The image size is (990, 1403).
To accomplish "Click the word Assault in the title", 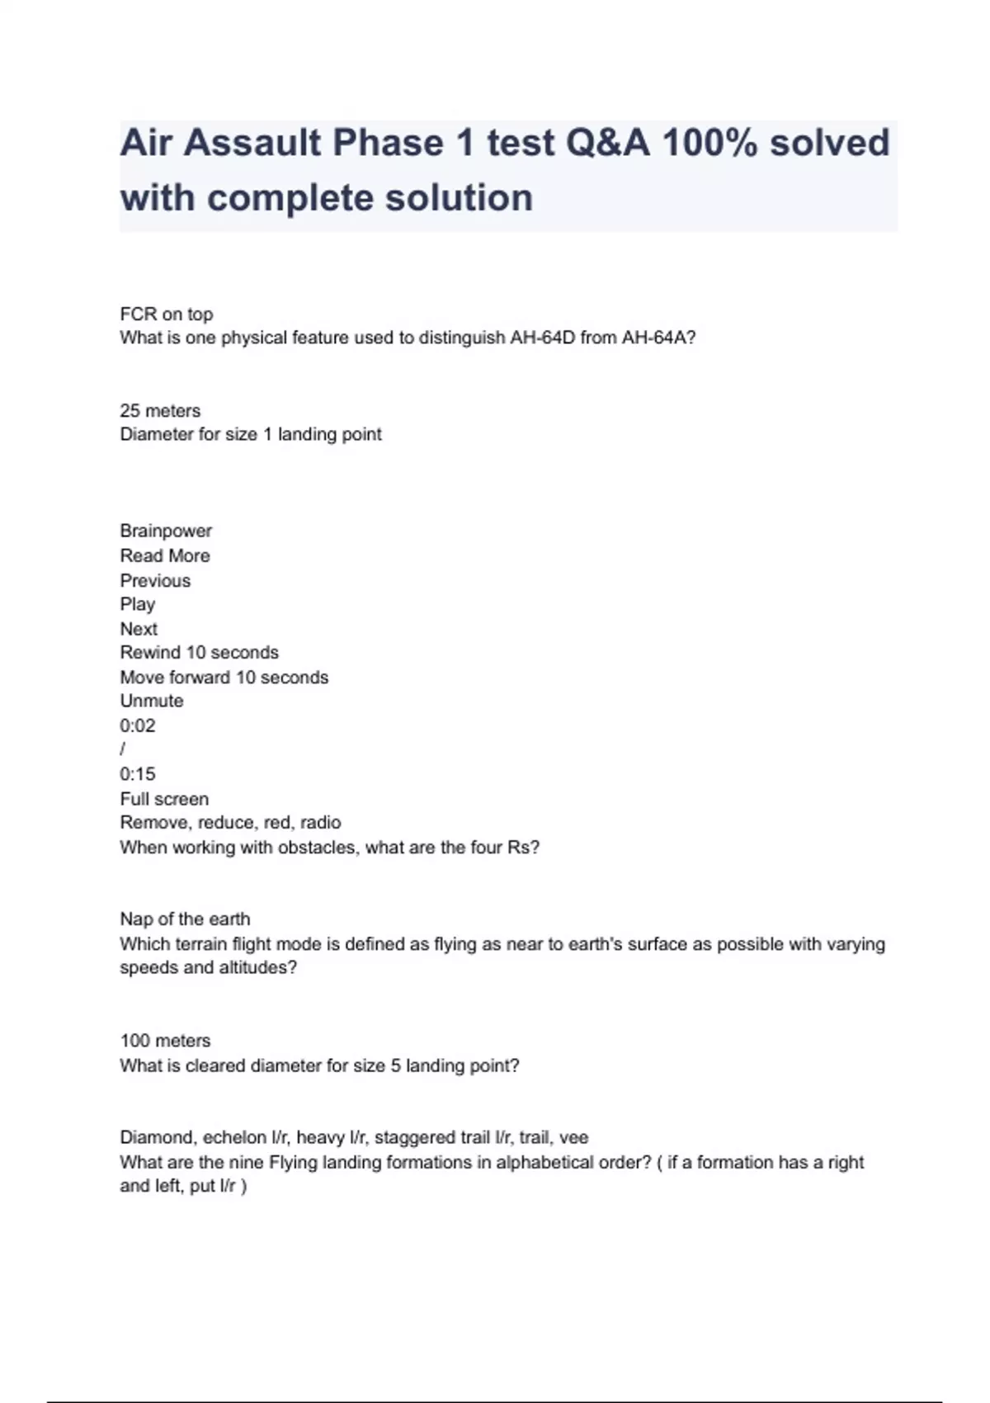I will click(x=252, y=143).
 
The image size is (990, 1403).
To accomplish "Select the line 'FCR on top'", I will click(x=167, y=314).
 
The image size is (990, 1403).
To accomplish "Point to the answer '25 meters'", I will click(x=160, y=410).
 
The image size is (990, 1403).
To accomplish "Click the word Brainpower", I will click(x=166, y=531).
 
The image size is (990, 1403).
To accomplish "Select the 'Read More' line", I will click(x=165, y=555).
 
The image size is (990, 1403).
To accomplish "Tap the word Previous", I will click(x=155, y=580).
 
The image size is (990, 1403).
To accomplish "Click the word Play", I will click(x=138, y=604).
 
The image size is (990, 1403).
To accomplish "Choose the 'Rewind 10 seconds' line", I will click(x=200, y=652).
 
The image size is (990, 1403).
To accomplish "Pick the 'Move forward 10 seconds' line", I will click(x=224, y=677).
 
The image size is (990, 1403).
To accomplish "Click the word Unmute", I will click(x=152, y=701).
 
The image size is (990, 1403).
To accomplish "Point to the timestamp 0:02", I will click(x=138, y=725).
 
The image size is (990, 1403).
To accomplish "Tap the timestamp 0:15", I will click(x=138, y=774).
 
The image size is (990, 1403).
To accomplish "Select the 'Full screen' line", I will click(x=164, y=798).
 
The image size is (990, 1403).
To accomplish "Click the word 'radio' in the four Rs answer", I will click(x=321, y=822).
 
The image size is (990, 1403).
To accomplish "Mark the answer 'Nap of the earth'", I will click(x=185, y=919).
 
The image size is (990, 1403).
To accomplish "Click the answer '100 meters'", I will click(x=165, y=1041).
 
